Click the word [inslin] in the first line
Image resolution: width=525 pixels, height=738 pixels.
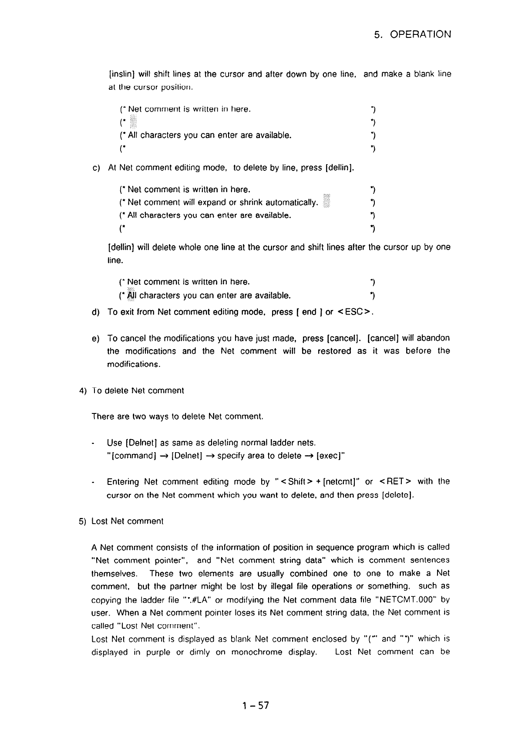point(121,74)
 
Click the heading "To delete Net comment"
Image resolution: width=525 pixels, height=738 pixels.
point(138,391)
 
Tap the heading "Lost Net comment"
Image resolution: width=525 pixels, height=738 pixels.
point(127,521)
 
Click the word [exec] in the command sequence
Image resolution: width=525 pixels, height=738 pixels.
point(330,456)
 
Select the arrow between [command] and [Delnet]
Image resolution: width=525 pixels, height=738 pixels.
point(164,456)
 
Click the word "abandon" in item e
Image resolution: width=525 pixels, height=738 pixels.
point(433,338)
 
